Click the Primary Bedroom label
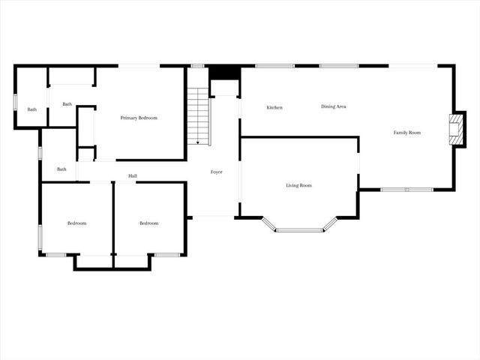[x=139, y=118]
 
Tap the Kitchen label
[x=274, y=108]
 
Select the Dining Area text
[x=334, y=106]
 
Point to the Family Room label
[x=407, y=133]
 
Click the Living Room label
[x=298, y=185]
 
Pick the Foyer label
[x=216, y=172]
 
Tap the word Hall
[x=133, y=176]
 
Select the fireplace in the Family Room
[x=454, y=129]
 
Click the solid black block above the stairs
[x=223, y=72]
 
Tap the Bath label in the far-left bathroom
[x=31, y=110]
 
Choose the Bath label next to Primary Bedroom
[x=67, y=104]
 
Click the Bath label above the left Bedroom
[x=61, y=169]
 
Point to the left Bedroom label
[x=76, y=223]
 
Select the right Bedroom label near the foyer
[x=148, y=223]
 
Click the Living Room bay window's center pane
[x=298, y=229]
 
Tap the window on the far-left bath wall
[x=16, y=101]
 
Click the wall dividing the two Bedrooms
[x=113, y=222]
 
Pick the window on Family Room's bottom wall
[x=406, y=189]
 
